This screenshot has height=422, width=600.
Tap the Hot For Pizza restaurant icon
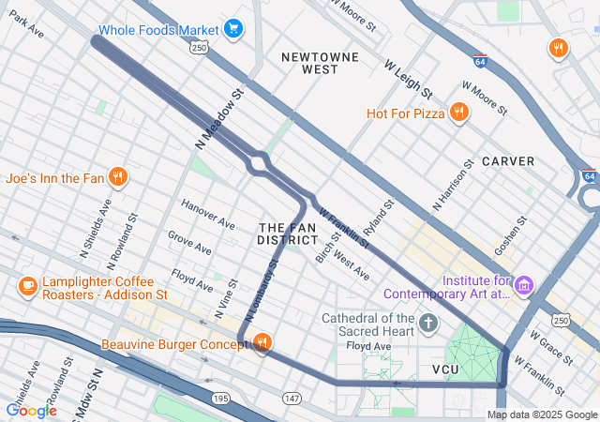click(x=458, y=113)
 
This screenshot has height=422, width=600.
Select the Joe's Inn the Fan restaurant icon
click(x=117, y=176)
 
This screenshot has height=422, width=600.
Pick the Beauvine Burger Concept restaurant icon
click(x=262, y=344)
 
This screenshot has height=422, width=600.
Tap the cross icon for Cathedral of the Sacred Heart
click(x=428, y=324)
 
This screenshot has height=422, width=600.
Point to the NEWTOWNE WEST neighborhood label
click(x=321, y=63)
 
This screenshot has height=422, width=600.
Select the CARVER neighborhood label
click(x=508, y=161)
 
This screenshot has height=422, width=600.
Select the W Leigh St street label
click(x=408, y=80)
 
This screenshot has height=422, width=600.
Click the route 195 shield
click(x=220, y=399)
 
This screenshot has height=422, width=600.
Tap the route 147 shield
click(x=292, y=399)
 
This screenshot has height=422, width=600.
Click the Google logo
click(x=31, y=410)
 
